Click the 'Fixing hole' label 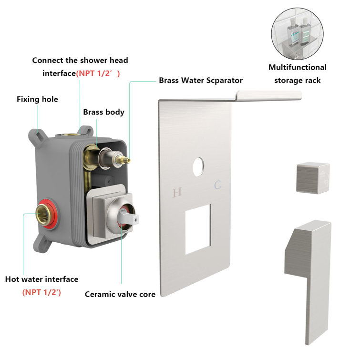coord(37,99)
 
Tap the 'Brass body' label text coord(103,112)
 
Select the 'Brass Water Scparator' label coord(201,81)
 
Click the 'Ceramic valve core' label coord(120,294)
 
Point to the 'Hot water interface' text coord(41,279)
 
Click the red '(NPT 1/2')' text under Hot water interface coord(41,292)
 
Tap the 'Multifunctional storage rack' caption coord(297,73)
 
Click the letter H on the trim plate coord(177,193)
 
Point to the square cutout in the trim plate coord(201,230)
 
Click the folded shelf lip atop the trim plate coord(267,96)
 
